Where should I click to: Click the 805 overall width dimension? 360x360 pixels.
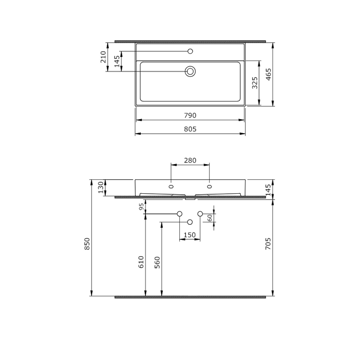[x=190, y=129]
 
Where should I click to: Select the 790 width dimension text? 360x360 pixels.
[x=190, y=115]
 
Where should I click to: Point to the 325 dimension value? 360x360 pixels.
[x=254, y=83]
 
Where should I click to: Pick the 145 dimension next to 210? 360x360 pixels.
[x=117, y=61]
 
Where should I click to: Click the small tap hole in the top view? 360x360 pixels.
[x=190, y=51]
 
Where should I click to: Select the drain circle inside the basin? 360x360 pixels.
[x=190, y=71]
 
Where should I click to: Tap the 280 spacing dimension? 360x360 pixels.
[x=190, y=161]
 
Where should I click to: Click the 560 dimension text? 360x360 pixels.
[x=157, y=264]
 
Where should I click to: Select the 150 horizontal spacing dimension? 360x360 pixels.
[x=190, y=236]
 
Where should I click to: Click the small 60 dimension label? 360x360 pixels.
[x=210, y=218]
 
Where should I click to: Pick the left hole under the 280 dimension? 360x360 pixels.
[x=170, y=185]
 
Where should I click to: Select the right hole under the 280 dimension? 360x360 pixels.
[x=209, y=185]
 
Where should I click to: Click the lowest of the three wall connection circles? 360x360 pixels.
[x=190, y=222]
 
